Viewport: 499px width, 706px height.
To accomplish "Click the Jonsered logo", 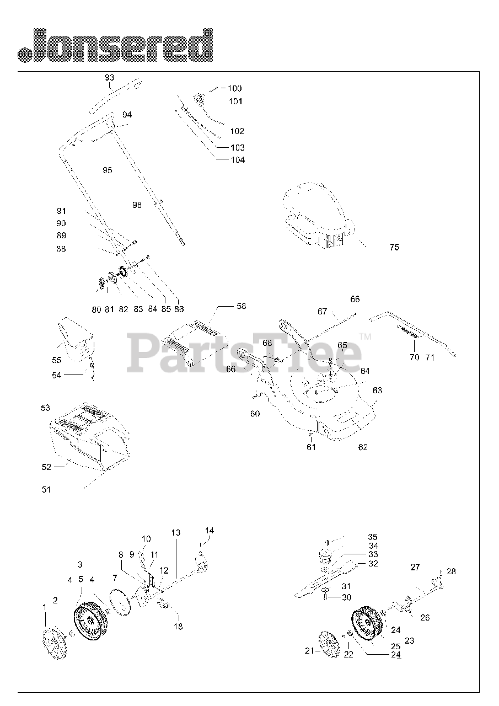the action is (x=115, y=45).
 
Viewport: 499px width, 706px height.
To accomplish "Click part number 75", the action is (x=394, y=247).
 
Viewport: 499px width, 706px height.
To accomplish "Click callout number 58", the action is (x=241, y=306).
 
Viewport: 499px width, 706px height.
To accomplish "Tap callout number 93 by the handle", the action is (x=109, y=78).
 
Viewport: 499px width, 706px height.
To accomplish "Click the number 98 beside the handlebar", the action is (x=137, y=205).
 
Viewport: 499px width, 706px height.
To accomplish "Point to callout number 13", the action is (x=175, y=533).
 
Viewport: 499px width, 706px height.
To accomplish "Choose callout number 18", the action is (x=178, y=626).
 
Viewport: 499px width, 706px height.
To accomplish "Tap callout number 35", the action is (x=373, y=537).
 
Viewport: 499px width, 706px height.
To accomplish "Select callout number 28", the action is (x=451, y=571).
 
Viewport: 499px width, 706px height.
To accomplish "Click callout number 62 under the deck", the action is (x=362, y=447).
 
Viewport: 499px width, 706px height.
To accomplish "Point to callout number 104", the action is (x=238, y=160).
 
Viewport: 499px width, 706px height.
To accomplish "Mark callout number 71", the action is (x=430, y=357).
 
